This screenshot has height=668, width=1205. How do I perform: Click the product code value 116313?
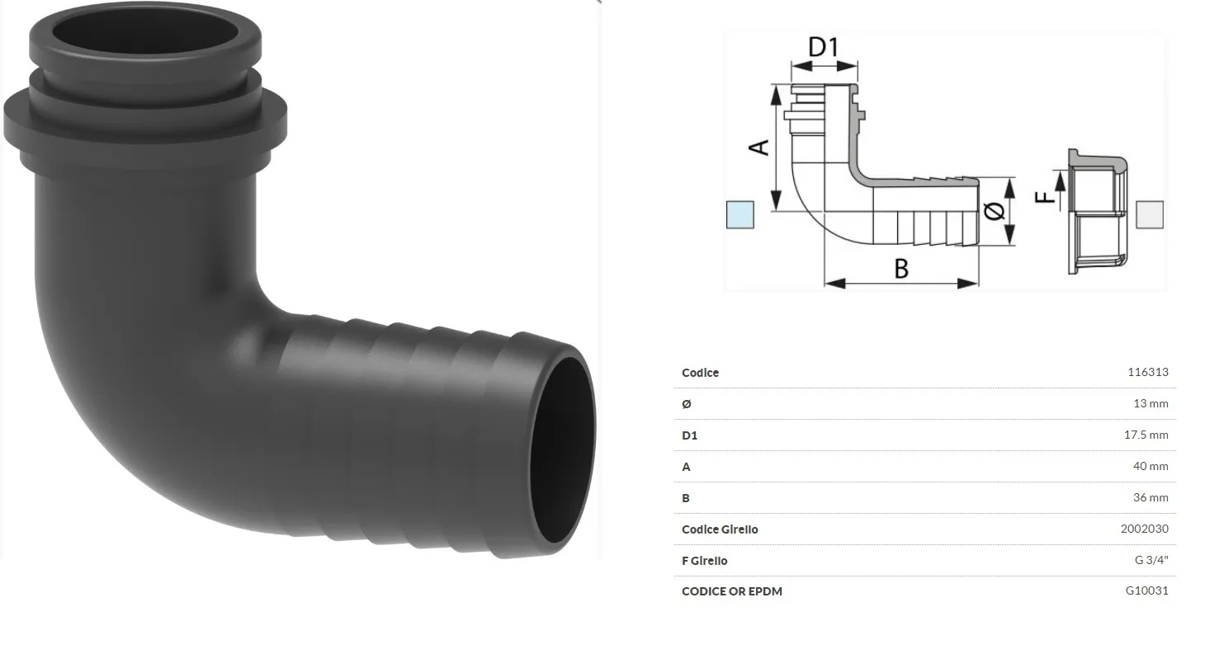point(1147,372)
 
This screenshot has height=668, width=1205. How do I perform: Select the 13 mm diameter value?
point(1151,403)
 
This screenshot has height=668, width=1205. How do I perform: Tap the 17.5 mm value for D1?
point(1146,435)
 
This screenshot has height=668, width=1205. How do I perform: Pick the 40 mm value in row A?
point(1151,466)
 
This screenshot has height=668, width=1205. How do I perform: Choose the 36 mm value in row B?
point(1151,497)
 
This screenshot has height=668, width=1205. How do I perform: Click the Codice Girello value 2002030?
point(1144,529)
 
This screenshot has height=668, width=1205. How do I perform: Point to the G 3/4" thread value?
point(1151,560)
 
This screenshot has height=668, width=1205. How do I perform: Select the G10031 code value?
point(1147,590)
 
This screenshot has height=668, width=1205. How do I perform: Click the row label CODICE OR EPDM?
point(731,591)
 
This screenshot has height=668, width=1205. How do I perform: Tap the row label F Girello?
point(704,561)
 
